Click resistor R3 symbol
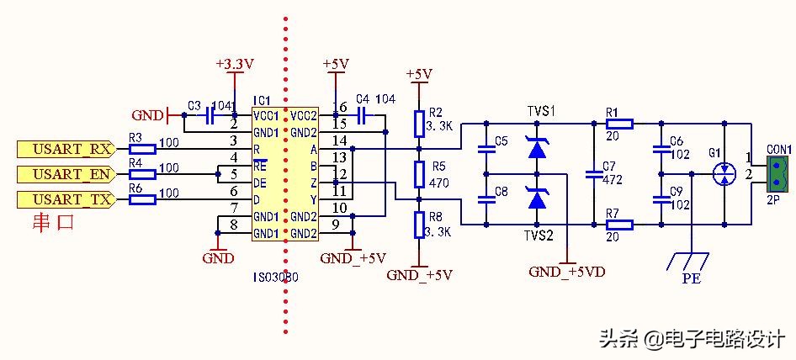point(142,150)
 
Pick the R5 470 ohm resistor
point(419,174)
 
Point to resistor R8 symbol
point(419,225)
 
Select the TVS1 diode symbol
point(536,148)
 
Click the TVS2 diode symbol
point(536,199)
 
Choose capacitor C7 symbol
point(594,174)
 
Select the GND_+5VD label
point(566,272)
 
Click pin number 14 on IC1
point(339,140)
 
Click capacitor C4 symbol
point(363,114)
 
